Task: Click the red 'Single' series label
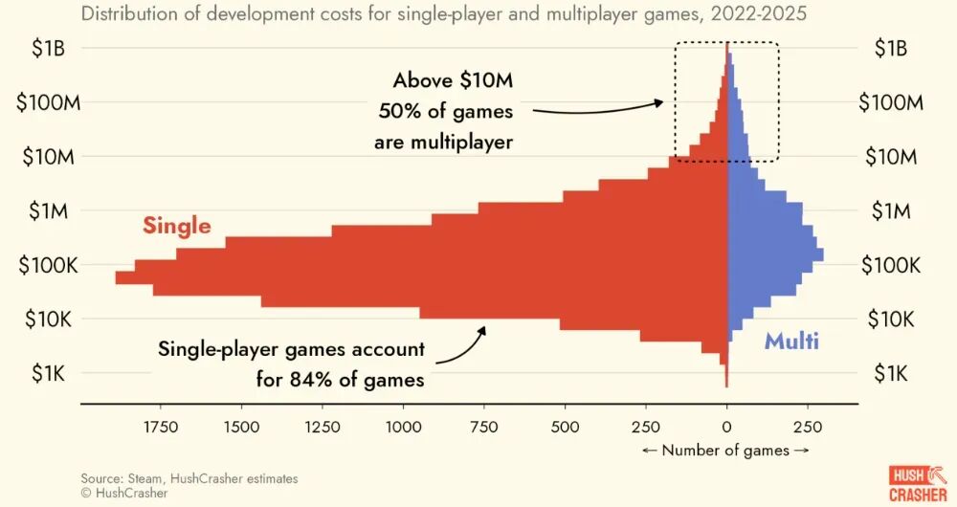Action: [176, 226]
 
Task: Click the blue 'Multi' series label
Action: [791, 342]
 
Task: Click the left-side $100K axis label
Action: [48, 266]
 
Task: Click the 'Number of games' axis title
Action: [726, 450]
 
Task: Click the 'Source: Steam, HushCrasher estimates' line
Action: [189, 478]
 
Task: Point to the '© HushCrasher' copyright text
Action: [124, 493]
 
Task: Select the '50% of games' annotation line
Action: [446, 111]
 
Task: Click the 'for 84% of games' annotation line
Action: [340, 379]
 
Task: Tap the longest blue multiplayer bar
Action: [775, 254]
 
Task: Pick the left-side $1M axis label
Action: [46, 211]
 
